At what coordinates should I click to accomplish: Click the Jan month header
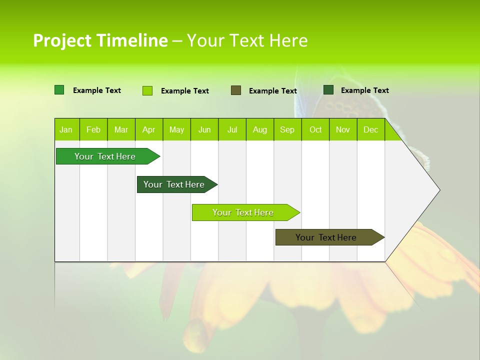click(66, 129)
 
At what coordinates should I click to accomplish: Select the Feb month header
click(93, 129)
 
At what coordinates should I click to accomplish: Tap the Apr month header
click(148, 129)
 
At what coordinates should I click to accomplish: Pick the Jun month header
click(204, 129)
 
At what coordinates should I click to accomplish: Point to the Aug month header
click(259, 129)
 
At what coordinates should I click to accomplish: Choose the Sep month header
click(287, 129)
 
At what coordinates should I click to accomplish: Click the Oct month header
click(315, 129)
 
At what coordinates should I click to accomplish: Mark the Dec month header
click(370, 129)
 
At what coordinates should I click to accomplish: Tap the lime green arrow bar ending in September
click(243, 212)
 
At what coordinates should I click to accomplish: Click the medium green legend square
click(59, 90)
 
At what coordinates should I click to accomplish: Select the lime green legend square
click(147, 90)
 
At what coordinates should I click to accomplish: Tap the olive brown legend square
click(236, 90)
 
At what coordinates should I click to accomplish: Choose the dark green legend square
click(328, 89)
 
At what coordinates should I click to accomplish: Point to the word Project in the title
click(62, 40)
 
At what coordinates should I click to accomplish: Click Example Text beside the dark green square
click(364, 90)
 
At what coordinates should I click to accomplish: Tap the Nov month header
click(343, 129)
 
